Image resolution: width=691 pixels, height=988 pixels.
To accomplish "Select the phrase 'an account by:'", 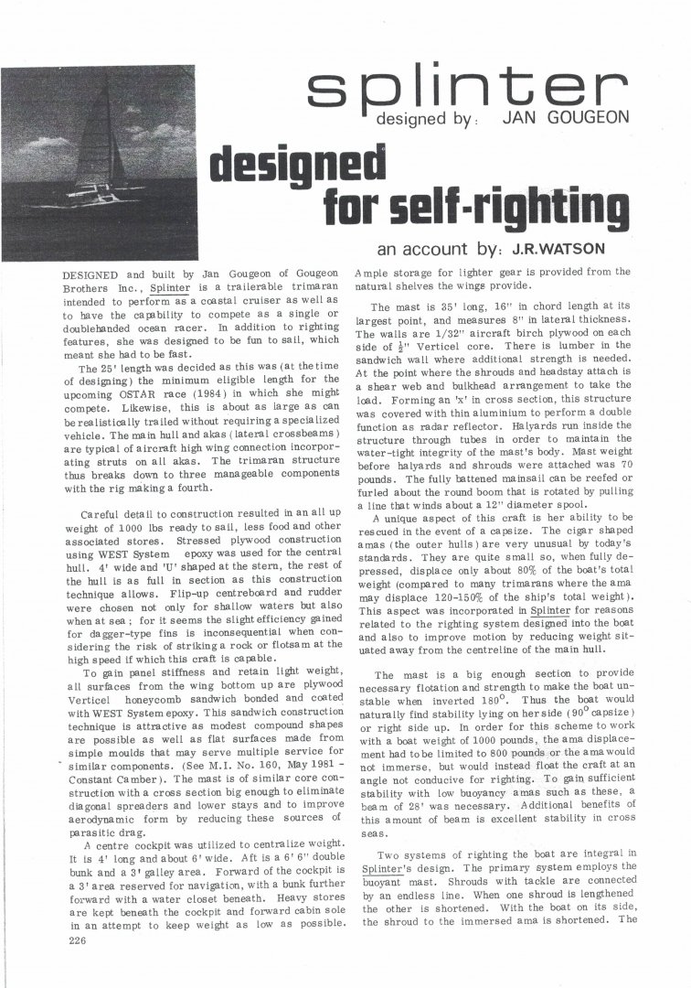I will click(430, 249).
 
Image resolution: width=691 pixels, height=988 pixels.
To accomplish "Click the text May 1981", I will click(278, 742).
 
